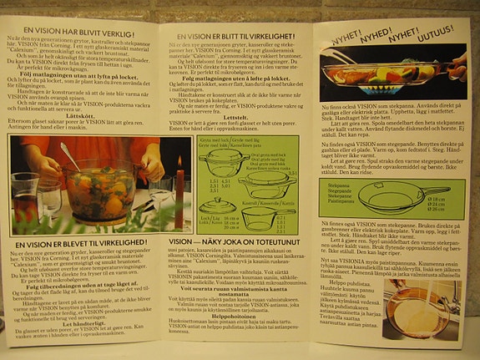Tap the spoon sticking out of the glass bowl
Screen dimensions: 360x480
(72, 155)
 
